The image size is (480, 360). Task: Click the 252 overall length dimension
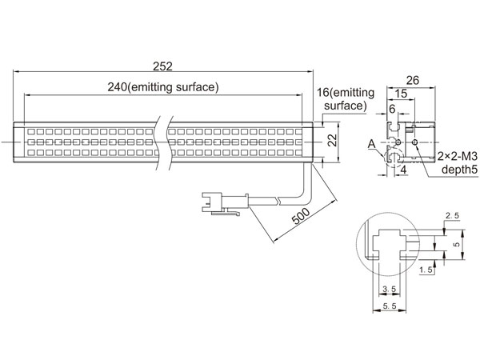[163, 66]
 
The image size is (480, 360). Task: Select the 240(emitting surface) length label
[163, 87]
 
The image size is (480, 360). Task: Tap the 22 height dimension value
[332, 141]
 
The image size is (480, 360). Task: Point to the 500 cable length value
[301, 216]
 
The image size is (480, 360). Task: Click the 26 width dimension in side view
[412, 81]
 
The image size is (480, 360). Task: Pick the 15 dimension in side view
[401, 94]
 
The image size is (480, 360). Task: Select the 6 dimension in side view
[392, 109]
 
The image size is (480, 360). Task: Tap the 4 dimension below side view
[403, 170]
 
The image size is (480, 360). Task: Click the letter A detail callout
[372, 144]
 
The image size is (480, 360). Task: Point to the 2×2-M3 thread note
[458, 157]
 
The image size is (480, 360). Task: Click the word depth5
[459, 170]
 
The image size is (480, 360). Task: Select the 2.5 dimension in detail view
[452, 216]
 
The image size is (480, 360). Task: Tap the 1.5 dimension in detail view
[426, 270]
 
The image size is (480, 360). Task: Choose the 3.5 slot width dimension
[390, 289]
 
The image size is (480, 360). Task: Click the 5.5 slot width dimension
[390, 306]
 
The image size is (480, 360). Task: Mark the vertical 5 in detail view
[457, 244]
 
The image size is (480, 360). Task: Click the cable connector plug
[225, 203]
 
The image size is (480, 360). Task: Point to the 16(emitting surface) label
[346, 99]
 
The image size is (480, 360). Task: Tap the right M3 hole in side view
[415, 142]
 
